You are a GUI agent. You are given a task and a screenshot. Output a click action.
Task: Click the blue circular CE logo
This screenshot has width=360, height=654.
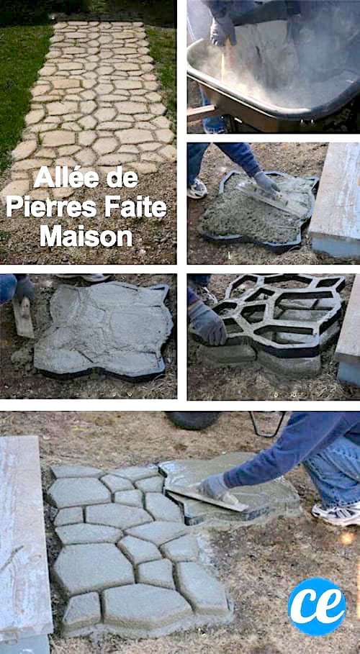coord(317,606)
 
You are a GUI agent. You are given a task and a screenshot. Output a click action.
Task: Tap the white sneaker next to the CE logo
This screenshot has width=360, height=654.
coord(337,513)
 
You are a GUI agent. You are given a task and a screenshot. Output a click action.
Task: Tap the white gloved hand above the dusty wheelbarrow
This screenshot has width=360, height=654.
coord(222,30)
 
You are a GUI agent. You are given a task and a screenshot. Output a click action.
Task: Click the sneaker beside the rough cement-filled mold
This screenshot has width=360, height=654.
coord(197,189)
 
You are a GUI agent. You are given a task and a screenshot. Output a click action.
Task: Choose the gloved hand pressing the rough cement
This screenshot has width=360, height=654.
coord(266,183)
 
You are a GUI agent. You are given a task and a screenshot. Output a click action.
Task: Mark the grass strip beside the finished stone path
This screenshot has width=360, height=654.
coord(18,79)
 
